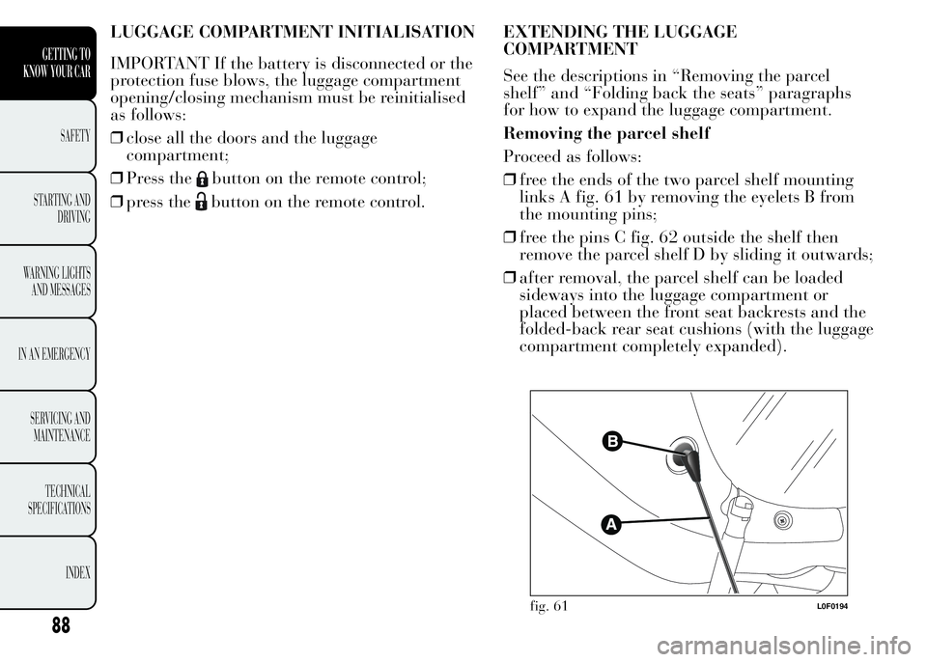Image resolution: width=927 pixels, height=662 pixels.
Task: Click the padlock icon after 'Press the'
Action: coord(199,179)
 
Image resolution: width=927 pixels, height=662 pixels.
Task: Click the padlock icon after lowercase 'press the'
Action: coord(199,204)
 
